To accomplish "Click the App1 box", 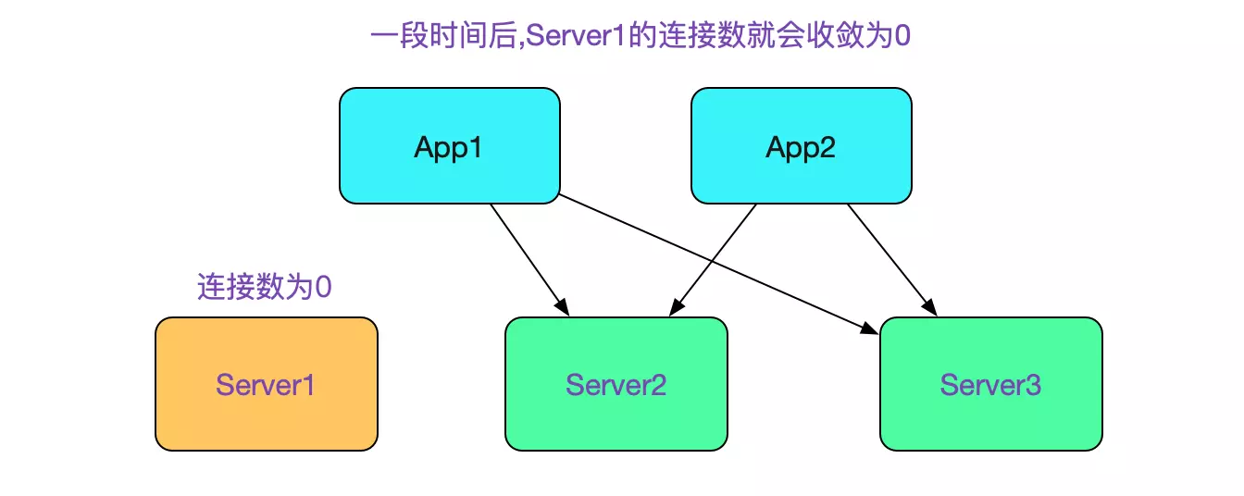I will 449,146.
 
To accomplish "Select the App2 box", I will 801,146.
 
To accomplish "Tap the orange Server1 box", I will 266,384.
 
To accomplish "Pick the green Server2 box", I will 616,384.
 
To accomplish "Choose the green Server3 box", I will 990,384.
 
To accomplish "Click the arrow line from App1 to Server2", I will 526,254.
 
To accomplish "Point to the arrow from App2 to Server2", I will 717,254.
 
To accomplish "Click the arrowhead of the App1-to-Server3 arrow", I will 870,329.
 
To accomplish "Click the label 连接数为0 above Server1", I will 264,287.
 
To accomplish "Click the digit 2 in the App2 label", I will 827,147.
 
